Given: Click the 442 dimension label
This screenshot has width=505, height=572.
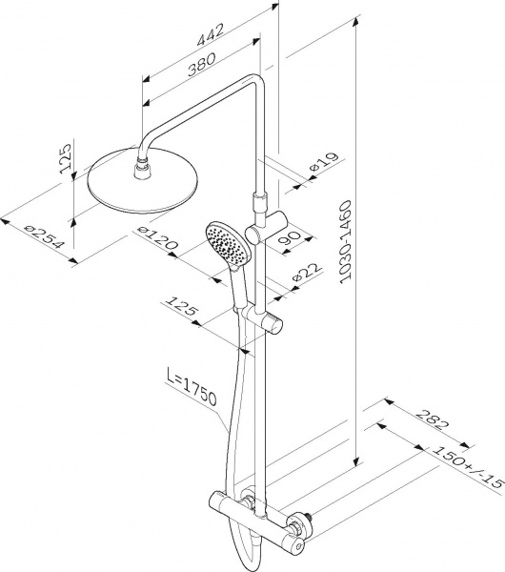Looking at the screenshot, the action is click(x=211, y=34).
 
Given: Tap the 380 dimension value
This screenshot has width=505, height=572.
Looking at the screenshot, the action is click(x=202, y=64).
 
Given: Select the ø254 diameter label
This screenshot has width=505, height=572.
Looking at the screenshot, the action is click(x=44, y=236).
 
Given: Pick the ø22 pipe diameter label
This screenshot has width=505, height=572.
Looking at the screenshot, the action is click(x=308, y=272).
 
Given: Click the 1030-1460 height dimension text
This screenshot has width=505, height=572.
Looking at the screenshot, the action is click(x=345, y=242).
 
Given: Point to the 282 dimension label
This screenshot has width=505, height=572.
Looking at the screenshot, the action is click(x=432, y=419).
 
